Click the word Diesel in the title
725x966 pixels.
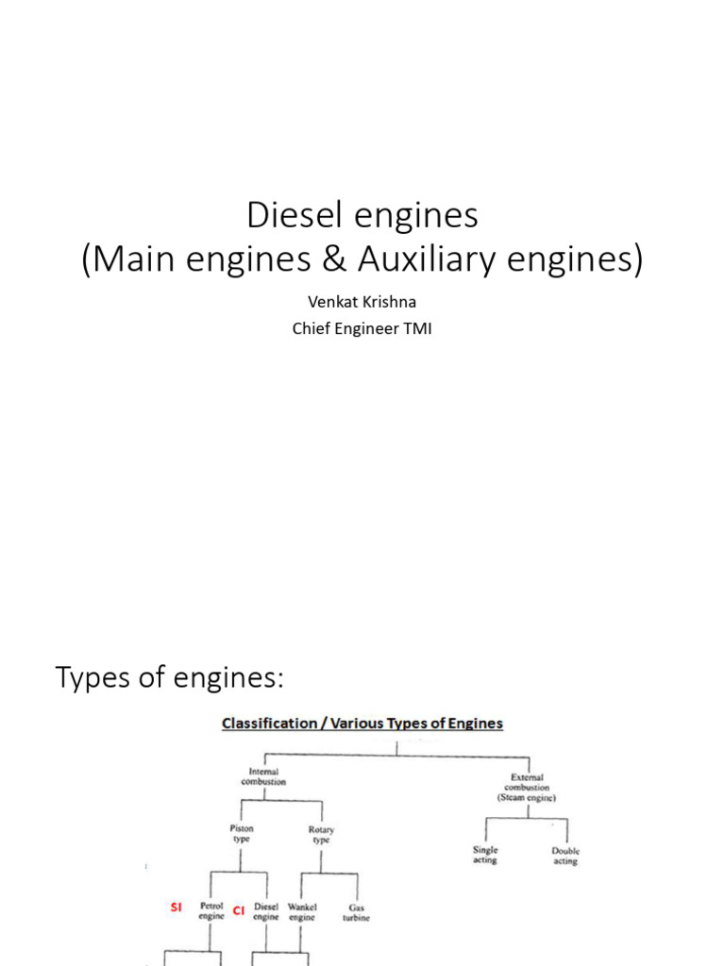(285, 216)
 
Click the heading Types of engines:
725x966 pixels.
(170, 677)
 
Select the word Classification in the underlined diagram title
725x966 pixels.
(270, 724)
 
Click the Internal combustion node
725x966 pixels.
(263, 776)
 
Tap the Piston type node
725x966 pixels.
(242, 834)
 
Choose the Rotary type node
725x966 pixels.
(321, 834)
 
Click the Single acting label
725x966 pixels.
(485, 856)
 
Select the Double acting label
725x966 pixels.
(565, 856)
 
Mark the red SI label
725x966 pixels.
(176, 908)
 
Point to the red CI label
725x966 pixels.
(239, 911)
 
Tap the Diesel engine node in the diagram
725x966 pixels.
(266, 911)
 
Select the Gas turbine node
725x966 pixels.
(356, 911)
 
